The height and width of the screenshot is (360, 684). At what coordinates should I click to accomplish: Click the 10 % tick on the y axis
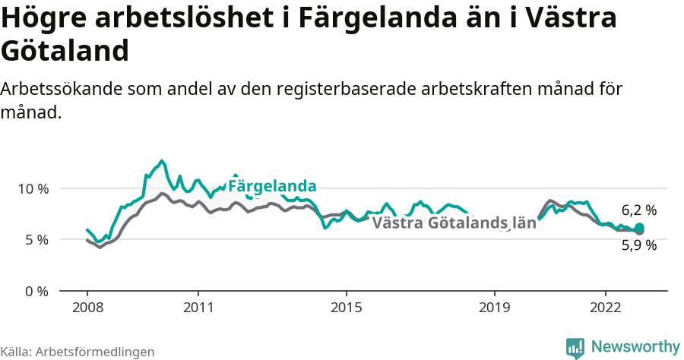(x=33, y=188)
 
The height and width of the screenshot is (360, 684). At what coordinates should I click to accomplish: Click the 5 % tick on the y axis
(x=36, y=240)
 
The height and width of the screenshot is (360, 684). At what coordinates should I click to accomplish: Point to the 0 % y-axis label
(x=36, y=292)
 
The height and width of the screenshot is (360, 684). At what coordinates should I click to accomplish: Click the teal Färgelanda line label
(x=272, y=186)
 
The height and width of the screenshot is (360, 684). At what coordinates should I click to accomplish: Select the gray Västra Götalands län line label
(x=454, y=223)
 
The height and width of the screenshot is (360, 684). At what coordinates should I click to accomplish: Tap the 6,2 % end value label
(x=638, y=210)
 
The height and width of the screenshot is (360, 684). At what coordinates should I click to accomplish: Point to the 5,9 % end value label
(x=638, y=245)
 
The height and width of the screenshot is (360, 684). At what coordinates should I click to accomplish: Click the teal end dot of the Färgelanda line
(x=639, y=228)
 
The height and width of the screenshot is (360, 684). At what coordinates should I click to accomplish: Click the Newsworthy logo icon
(x=575, y=348)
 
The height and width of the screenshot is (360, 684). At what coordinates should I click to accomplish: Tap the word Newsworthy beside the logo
(x=635, y=347)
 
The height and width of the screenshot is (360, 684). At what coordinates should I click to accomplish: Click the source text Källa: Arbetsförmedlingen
(x=78, y=352)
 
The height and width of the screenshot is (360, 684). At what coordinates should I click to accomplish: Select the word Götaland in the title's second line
(x=64, y=52)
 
